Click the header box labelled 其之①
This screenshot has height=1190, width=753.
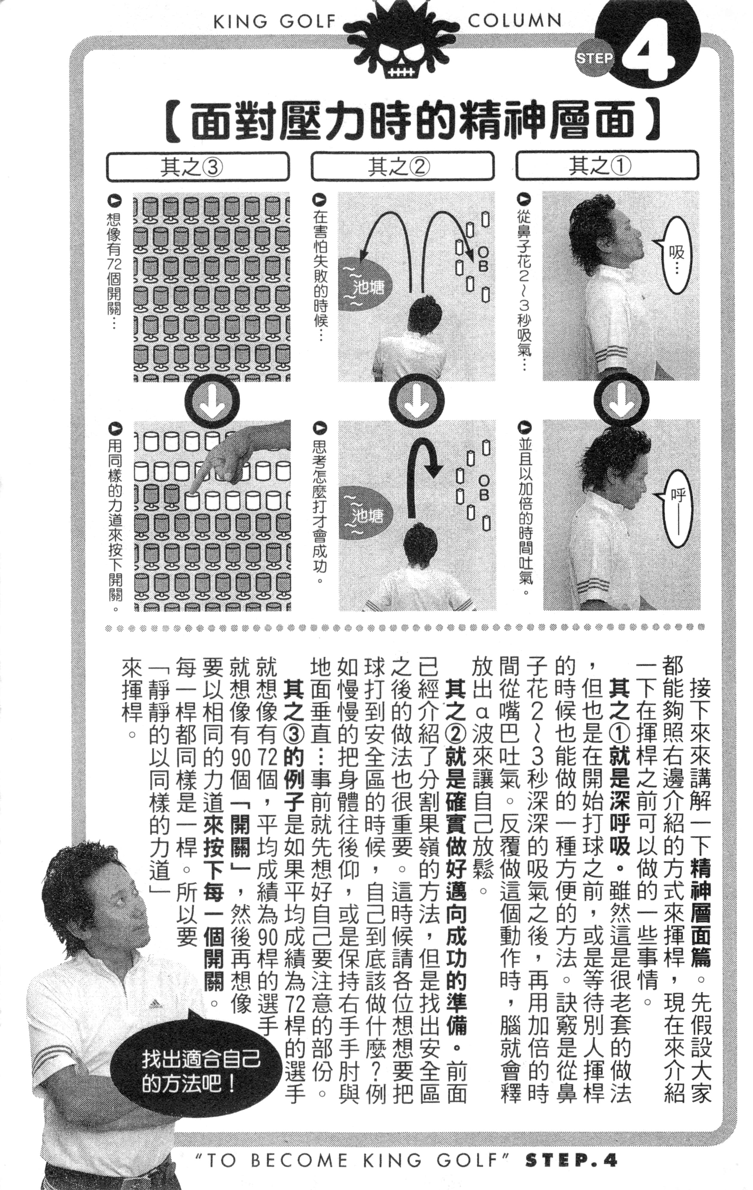[x=607, y=166]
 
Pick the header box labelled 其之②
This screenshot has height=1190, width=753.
[x=402, y=166]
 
